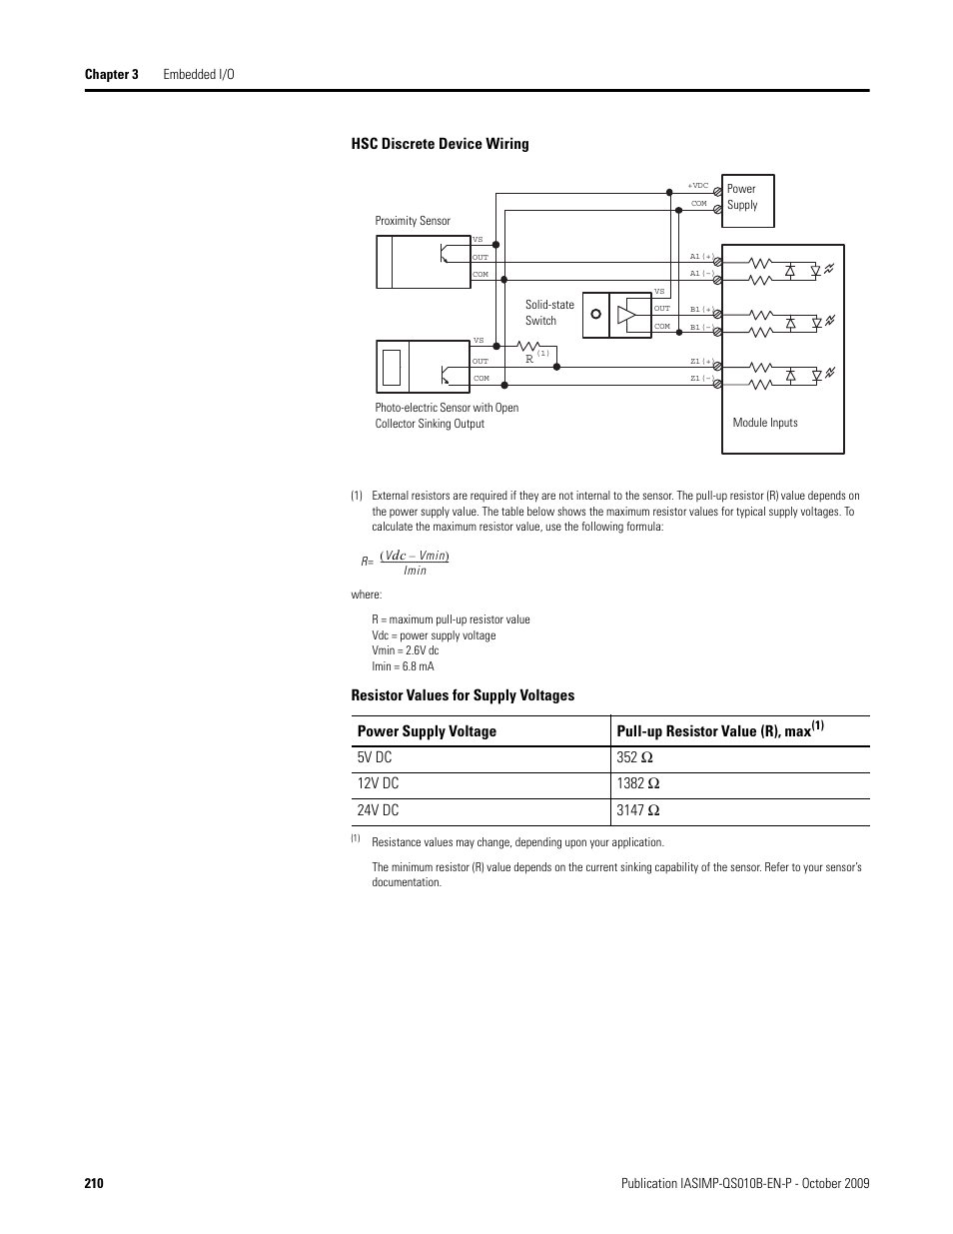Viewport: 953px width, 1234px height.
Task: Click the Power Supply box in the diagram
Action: [747, 200]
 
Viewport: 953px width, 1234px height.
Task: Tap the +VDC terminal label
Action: [697, 186]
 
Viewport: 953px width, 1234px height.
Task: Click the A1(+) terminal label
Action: [701, 257]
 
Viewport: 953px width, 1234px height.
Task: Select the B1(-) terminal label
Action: [701, 327]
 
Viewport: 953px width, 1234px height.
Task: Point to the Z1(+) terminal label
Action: [701, 362]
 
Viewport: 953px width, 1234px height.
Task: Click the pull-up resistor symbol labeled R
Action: [526, 348]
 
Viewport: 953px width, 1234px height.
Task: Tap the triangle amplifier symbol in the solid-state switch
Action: [626, 316]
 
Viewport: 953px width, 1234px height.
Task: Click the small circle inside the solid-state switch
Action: [595, 314]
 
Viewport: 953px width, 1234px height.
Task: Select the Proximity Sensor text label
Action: [413, 221]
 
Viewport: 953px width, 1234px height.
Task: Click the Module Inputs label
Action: [765, 423]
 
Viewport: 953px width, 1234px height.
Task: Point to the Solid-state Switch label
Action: [549, 313]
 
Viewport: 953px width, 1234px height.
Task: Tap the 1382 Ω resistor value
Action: [638, 784]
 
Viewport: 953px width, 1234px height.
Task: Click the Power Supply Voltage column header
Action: [427, 731]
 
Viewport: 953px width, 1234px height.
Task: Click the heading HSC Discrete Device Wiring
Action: [440, 144]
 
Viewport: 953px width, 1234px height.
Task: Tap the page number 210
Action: [94, 1184]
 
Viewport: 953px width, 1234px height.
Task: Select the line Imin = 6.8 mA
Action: [403, 666]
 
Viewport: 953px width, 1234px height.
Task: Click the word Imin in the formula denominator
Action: [415, 571]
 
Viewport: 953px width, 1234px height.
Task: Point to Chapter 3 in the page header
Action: [111, 75]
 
